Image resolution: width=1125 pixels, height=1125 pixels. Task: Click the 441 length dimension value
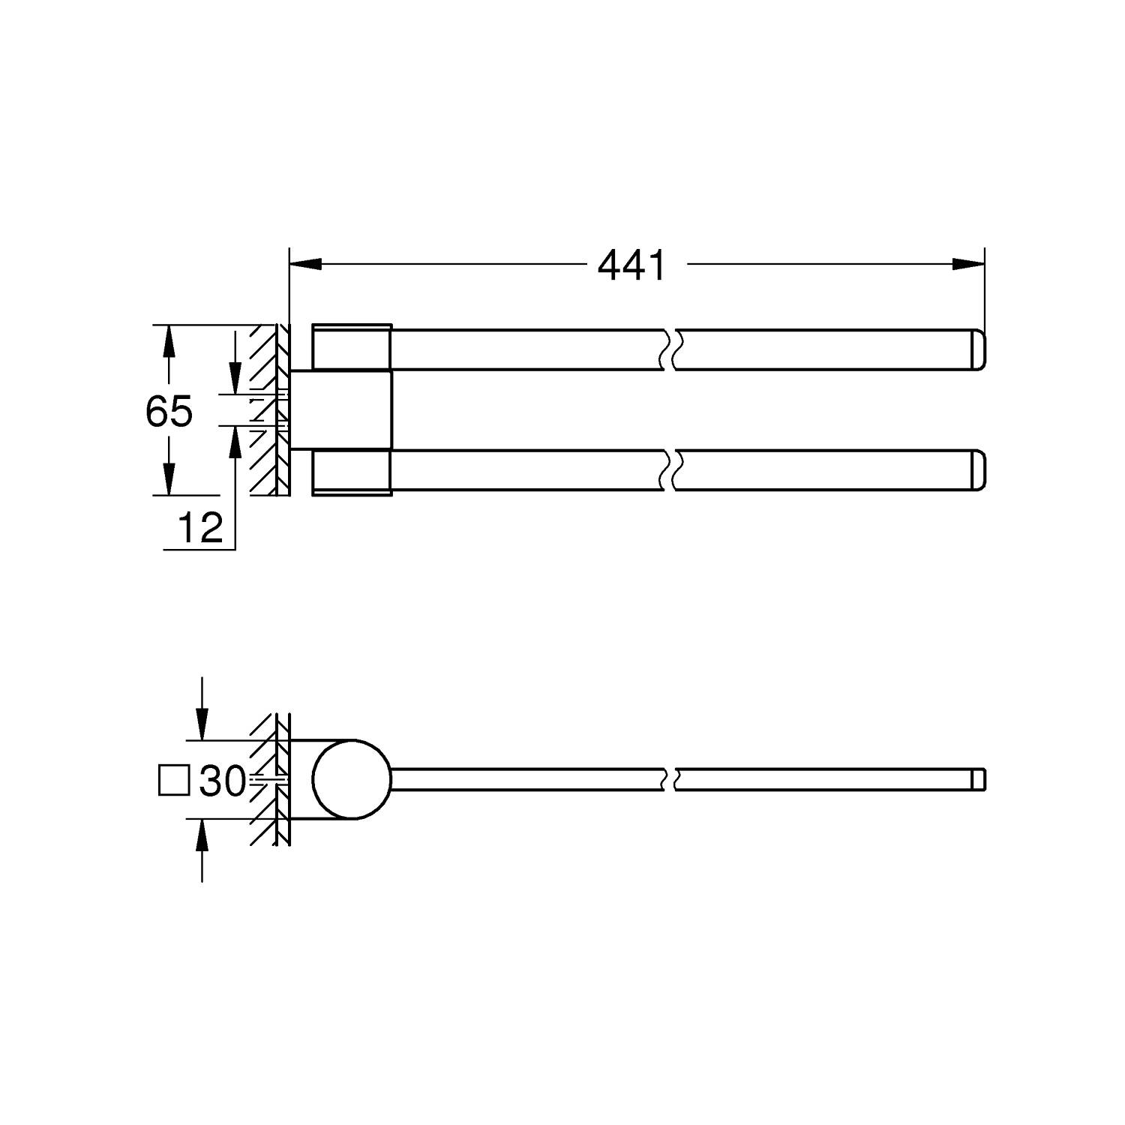[631, 265]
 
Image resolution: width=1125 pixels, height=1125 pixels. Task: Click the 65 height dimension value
[169, 411]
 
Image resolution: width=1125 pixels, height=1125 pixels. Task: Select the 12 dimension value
[200, 528]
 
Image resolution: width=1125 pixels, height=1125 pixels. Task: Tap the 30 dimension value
[223, 782]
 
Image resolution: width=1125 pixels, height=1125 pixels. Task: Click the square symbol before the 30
[174, 780]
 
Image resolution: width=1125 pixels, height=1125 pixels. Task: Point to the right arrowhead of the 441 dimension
[967, 264]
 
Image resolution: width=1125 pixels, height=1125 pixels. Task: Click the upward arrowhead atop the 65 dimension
[169, 342]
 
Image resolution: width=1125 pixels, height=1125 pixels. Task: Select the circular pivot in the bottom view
[352, 780]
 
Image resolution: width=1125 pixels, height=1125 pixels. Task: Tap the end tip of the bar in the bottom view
[979, 780]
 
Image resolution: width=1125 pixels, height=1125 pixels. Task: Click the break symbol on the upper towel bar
[670, 349]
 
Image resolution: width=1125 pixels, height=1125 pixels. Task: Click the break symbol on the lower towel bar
[670, 470]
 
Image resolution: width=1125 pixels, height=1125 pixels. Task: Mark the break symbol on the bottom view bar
[670, 780]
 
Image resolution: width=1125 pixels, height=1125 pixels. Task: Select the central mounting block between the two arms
[341, 409]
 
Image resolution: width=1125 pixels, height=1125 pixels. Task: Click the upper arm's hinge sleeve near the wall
[351, 347]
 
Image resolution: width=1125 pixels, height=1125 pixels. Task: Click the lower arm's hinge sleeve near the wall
[351, 472]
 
